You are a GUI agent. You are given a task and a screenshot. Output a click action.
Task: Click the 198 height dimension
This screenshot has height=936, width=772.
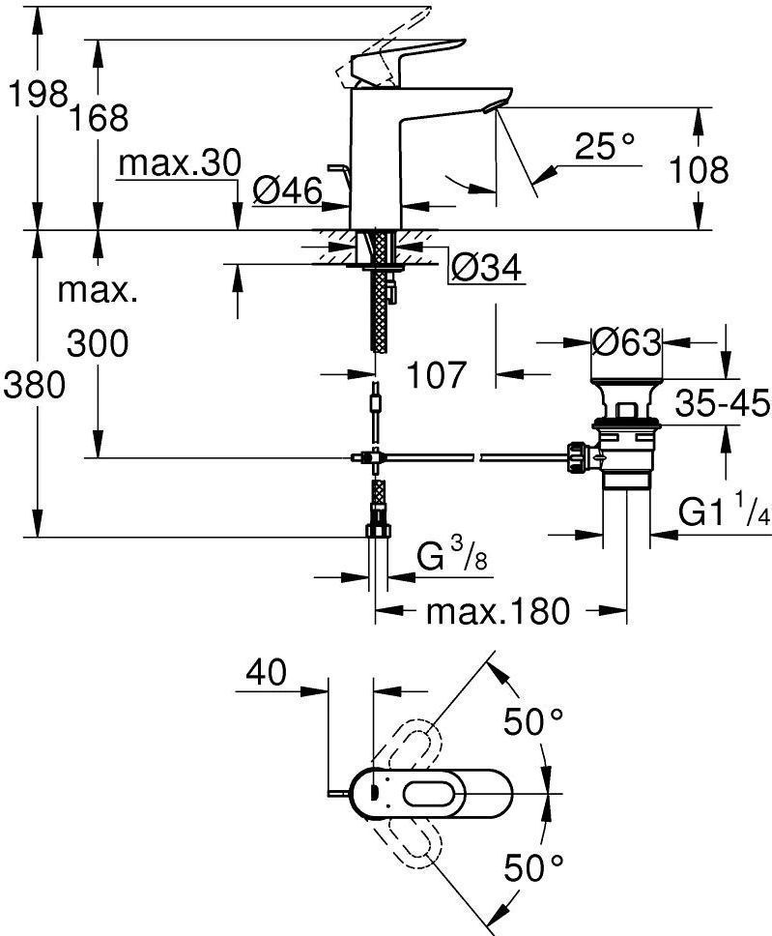point(37,95)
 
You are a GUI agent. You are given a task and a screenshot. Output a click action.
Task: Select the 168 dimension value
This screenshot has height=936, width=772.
point(99,118)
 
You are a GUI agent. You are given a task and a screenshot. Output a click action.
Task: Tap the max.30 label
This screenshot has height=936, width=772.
point(180,162)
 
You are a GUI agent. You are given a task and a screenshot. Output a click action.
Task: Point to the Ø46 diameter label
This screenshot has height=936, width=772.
point(287,190)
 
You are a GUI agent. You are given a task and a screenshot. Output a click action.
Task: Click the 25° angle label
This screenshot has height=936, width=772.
point(605,146)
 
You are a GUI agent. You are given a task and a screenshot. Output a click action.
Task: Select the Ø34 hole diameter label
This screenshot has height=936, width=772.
point(486,267)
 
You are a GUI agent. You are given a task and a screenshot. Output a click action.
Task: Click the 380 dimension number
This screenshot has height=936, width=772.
point(34,385)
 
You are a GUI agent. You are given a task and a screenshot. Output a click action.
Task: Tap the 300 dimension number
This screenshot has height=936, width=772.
point(98,344)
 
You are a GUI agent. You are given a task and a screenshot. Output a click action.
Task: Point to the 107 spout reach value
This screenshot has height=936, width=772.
point(436,375)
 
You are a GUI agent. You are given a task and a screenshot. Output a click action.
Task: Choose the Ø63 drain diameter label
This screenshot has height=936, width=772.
point(626,342)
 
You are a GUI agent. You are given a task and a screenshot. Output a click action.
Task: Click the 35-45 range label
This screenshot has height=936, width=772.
point(723,404)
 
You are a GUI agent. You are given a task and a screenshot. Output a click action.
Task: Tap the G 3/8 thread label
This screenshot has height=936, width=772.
point(451,557)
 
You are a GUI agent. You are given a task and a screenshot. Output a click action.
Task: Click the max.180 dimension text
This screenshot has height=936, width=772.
point(499,611)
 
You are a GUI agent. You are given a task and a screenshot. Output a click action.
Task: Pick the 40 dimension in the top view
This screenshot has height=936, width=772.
point(267,672)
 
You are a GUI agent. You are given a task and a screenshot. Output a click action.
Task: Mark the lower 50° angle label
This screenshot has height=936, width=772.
point(533,867)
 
